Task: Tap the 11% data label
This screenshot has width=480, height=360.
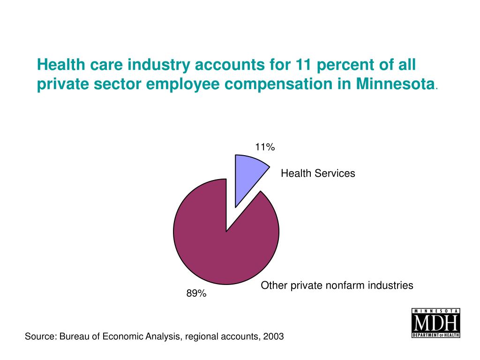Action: (x=265, y=147)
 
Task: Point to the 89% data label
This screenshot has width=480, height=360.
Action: (x=196, y=293)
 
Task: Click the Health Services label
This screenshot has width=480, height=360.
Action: (x=318, y=173)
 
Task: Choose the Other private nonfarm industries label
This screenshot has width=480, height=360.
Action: (x=337, y=285)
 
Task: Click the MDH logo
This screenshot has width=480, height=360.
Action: (x=435, y=323)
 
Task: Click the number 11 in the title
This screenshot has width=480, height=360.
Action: (x=302, y=64)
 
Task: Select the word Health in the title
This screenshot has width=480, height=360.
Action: (x=59, y=64)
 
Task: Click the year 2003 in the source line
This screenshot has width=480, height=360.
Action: (x=273, y=337)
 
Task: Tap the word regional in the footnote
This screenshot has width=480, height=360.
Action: (x=199, y=337)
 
